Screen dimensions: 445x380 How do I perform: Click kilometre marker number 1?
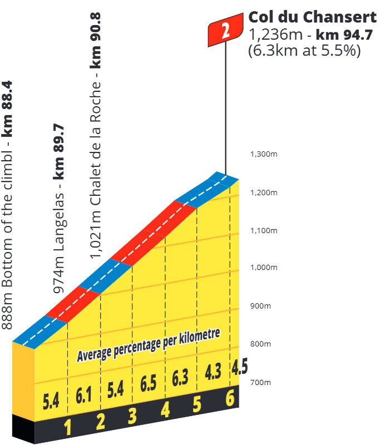pyautogui.click(x=68, y=428)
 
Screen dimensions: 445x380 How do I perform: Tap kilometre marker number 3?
pyautogui.click(x=132, y=416)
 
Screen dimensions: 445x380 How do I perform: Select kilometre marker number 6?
pyautogui.click(x=229, y=398)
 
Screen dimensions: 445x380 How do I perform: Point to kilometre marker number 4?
pyautogui.click(x=165, y=410)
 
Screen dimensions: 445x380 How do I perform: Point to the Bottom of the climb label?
pyautogui.click(x=8, y=205)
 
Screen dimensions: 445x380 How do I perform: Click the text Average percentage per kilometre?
pyautogui.click(x=149, y=344)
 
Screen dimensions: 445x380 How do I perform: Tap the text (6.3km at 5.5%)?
pyautogui.click(x=305, y=50)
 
